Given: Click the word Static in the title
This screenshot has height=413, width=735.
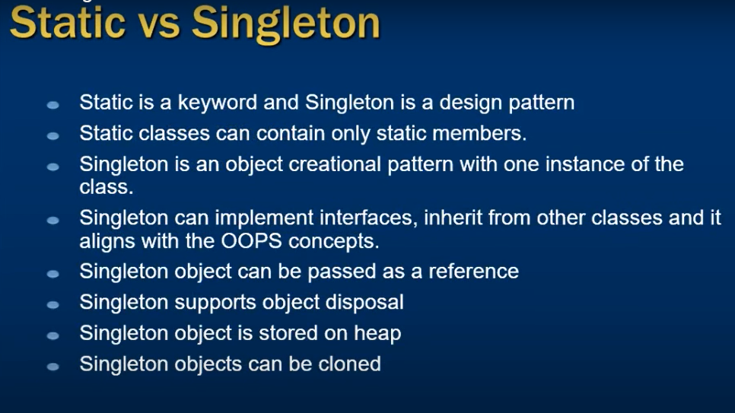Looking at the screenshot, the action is click(x=68, y=23).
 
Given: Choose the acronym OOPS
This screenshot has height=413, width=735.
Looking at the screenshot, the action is click(x=251, y=241).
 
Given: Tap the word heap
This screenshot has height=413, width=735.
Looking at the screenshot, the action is click(x=377, y=334).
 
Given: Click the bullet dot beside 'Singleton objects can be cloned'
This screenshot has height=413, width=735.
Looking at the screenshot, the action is click(x=53, y=367).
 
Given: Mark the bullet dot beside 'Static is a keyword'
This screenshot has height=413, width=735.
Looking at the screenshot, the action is click(x=53, y=105).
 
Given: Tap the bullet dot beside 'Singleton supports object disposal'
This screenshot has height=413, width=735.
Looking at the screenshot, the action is click(x=53, y=305).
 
